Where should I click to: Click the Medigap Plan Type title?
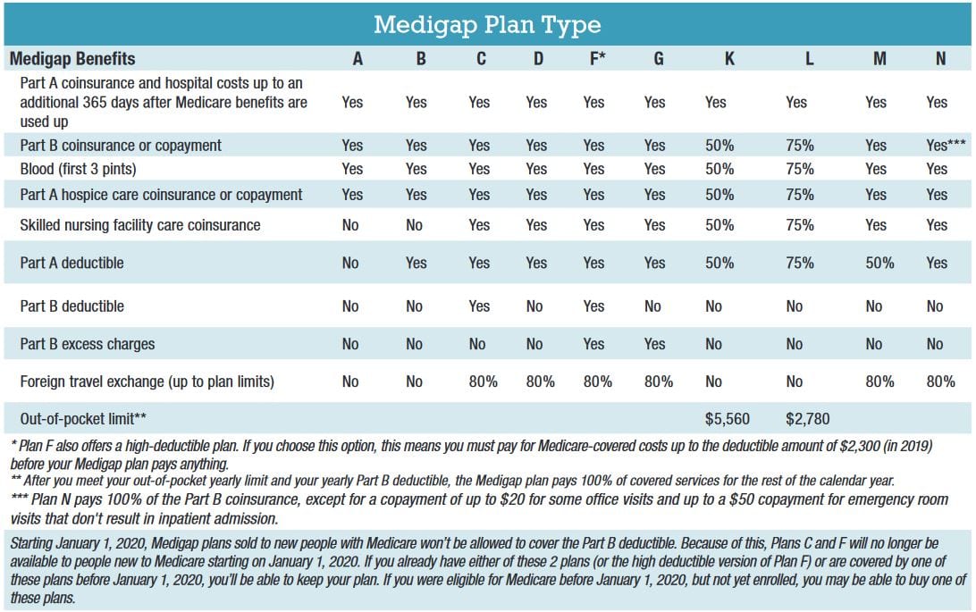(488, 24)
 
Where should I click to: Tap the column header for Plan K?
(714, 59)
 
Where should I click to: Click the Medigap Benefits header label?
(72, 59)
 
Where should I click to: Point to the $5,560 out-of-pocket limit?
(727, 418)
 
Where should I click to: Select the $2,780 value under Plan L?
(808, 418)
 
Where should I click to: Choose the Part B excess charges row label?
(88, 344)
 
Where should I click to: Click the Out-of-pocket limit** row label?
(83, 418)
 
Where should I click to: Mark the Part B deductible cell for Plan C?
(479, 306)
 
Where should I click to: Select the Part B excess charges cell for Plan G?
(654, 344)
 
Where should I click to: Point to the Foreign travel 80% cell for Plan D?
(540, 381)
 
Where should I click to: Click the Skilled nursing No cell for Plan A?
(350, 224)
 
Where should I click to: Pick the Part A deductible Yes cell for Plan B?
(416, 263)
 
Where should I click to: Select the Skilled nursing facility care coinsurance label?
(140, 224)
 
